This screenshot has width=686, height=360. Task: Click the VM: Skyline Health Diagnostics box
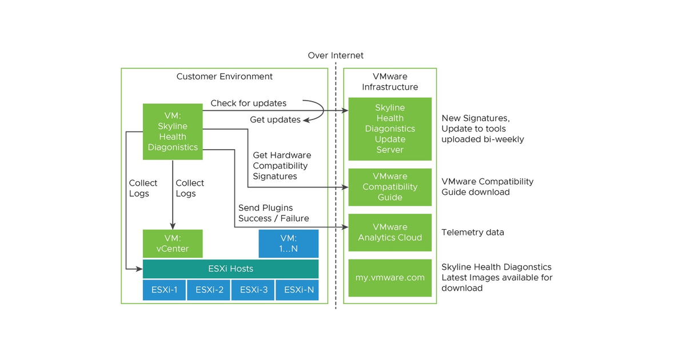point(173,131)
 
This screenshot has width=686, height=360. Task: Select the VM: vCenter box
point(173,243)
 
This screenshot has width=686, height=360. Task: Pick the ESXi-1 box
point(164,290)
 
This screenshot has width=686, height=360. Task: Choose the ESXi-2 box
point(209,290)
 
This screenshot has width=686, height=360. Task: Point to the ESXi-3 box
point(253,290)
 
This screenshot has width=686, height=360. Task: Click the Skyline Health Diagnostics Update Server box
point(390,129)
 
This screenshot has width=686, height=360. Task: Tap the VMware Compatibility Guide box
point(390,187)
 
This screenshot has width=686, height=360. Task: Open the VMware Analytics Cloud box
point(390,233)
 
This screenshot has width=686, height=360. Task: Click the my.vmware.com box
point(390,278)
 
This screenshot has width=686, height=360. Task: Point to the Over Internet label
point(336,55)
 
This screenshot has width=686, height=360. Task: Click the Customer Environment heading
point(224,77)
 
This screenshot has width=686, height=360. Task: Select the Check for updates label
point(248,103)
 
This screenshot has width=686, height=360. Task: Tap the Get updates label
point(275,120)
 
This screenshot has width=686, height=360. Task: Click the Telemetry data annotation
point(473,233)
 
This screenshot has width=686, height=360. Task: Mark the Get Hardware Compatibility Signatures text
point(282,166)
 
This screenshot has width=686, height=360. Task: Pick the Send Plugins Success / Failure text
point(273,213)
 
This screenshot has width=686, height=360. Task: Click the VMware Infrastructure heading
point(390,82)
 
